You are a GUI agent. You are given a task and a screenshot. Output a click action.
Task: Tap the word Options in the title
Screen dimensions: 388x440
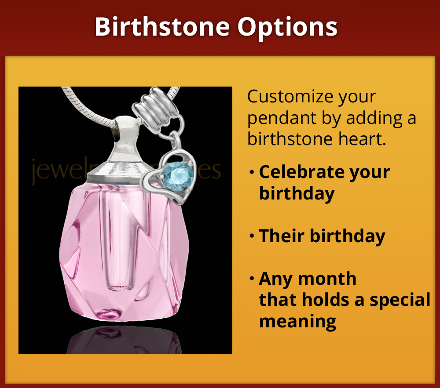(x=288, y=27)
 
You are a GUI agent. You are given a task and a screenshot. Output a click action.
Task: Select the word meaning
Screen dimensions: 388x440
(x=298, y=321)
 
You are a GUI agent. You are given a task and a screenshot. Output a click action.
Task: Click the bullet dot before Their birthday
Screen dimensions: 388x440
(x=252, y=236)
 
